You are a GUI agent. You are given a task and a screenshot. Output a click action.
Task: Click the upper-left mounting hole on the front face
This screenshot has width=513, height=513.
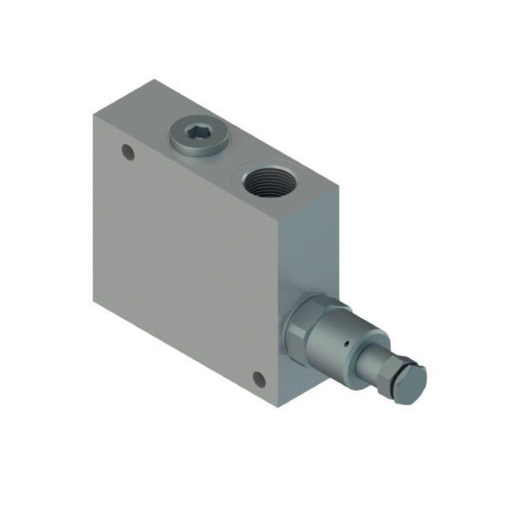coord(128,154)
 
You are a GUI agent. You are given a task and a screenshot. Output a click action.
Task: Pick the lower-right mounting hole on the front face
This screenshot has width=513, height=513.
coord(258,379)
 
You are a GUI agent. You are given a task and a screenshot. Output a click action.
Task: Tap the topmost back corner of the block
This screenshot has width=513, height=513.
coord(154,80)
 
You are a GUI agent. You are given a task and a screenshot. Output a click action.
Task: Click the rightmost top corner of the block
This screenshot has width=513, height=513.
coord(339,187)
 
